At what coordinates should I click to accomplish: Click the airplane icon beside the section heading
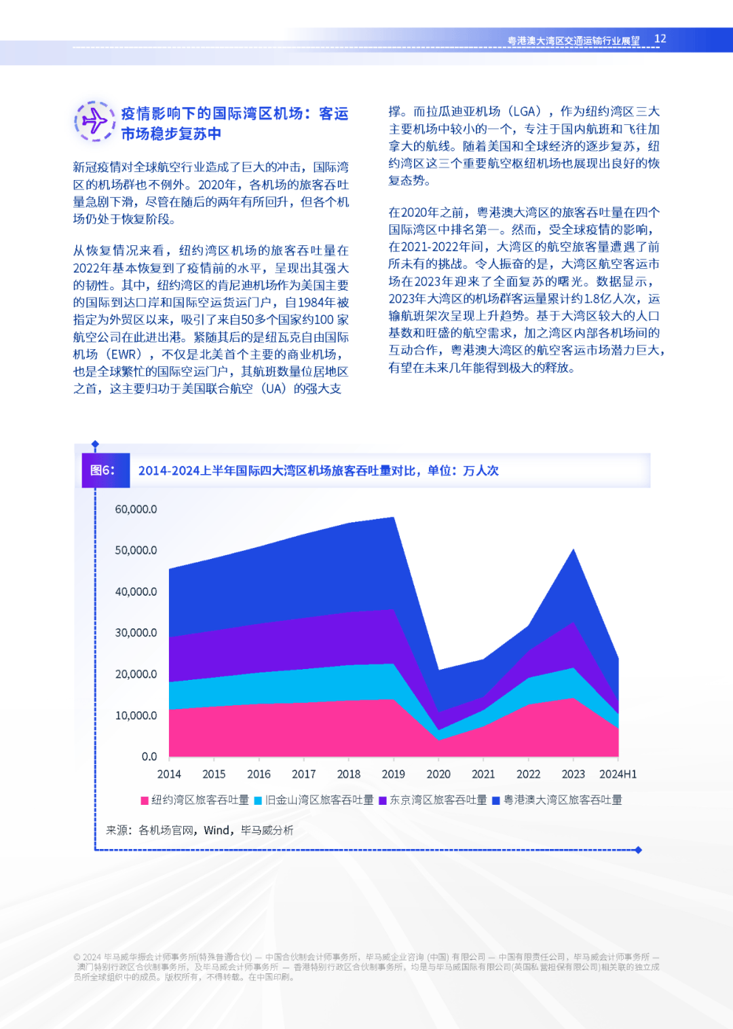click(94, 122)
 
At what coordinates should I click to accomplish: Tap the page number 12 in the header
click(660, 39)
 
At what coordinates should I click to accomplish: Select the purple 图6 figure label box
click(106, 470)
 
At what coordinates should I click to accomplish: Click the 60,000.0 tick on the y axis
click(136, 509)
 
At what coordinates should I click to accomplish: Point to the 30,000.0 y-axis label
click(136, 632)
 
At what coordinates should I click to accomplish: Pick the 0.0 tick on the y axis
click(149, 756)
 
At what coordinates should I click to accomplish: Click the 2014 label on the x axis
click(169, 774)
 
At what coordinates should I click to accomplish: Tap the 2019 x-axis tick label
click(394, 774)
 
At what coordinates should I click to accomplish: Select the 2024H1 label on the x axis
click(618, 774)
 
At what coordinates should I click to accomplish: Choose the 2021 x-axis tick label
click(483, 774)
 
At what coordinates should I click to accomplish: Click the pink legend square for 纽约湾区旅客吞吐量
click(145, 801)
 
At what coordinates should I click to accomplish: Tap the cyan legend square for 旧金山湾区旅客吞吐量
click(258, 801)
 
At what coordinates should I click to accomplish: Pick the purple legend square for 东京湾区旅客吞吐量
click(383, 801)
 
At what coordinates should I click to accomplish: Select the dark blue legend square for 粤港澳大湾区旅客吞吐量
click(496, 801)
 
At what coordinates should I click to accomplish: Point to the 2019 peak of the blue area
click(394, 518)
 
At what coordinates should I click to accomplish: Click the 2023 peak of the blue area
click(574, 549)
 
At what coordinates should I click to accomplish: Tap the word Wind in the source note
click(217, 830)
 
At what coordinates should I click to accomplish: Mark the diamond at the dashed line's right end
click(638, 850)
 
